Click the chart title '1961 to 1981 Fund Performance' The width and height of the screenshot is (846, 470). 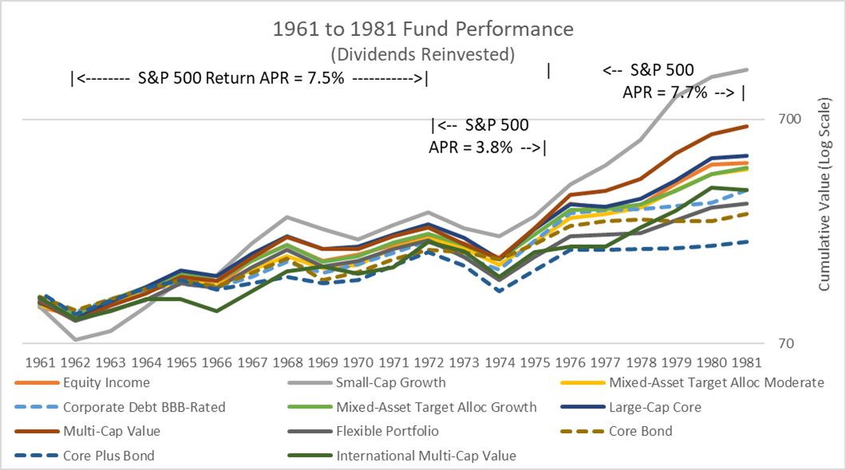423,30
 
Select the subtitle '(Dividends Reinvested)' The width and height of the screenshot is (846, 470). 423,53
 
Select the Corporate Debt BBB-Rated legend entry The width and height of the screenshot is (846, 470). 144,407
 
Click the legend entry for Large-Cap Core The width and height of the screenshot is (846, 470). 654,407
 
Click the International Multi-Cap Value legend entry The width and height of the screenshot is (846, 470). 426,456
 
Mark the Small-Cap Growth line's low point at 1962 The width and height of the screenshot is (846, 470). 75,340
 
